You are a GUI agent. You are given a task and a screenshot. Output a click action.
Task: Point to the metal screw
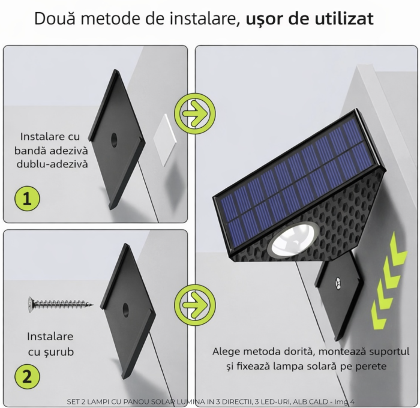coord(61,304)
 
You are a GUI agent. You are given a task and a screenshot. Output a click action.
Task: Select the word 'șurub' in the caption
coord(59,352)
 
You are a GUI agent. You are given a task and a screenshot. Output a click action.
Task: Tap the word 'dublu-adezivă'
coord(51,163)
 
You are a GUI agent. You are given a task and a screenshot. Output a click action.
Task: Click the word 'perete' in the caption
coord(371,365)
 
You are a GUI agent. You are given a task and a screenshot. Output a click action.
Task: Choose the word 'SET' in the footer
coord(74,402)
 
